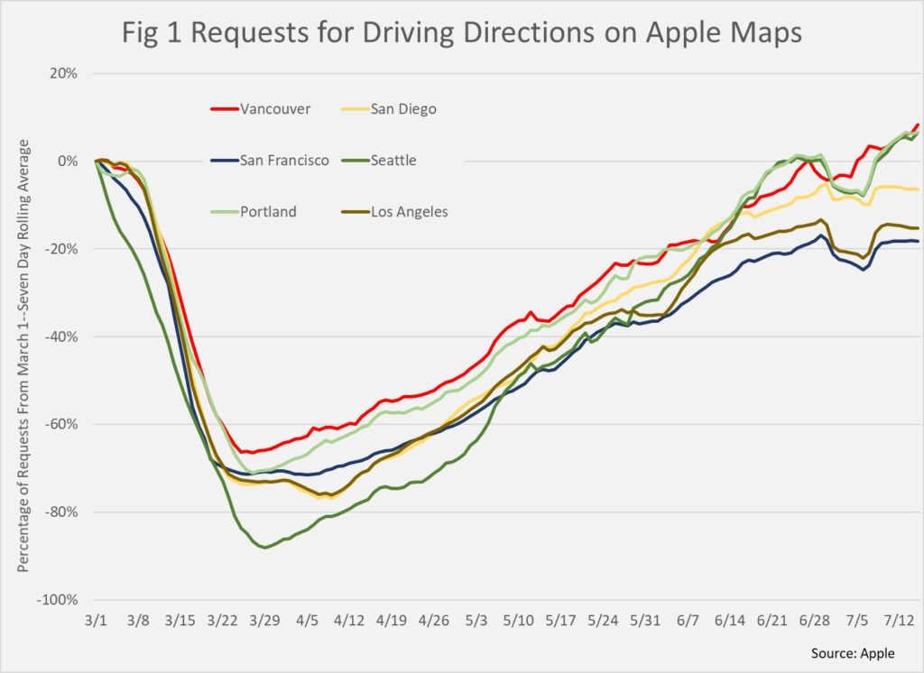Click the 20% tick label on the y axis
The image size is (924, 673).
click(64, 73)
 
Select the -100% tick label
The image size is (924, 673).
click(59, 600)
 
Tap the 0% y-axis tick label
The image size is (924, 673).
click(68, 161)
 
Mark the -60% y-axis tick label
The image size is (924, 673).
click(61, 424)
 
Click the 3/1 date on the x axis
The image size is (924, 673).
click(96, 622)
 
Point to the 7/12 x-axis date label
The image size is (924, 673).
click(901, 622)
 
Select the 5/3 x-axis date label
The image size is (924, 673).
click(476, 622)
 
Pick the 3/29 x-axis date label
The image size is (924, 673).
click(264, 622)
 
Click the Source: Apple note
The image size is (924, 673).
click(863, 652)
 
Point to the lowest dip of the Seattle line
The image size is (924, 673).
click(264, 548)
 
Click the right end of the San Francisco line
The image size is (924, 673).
click(918, 241)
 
